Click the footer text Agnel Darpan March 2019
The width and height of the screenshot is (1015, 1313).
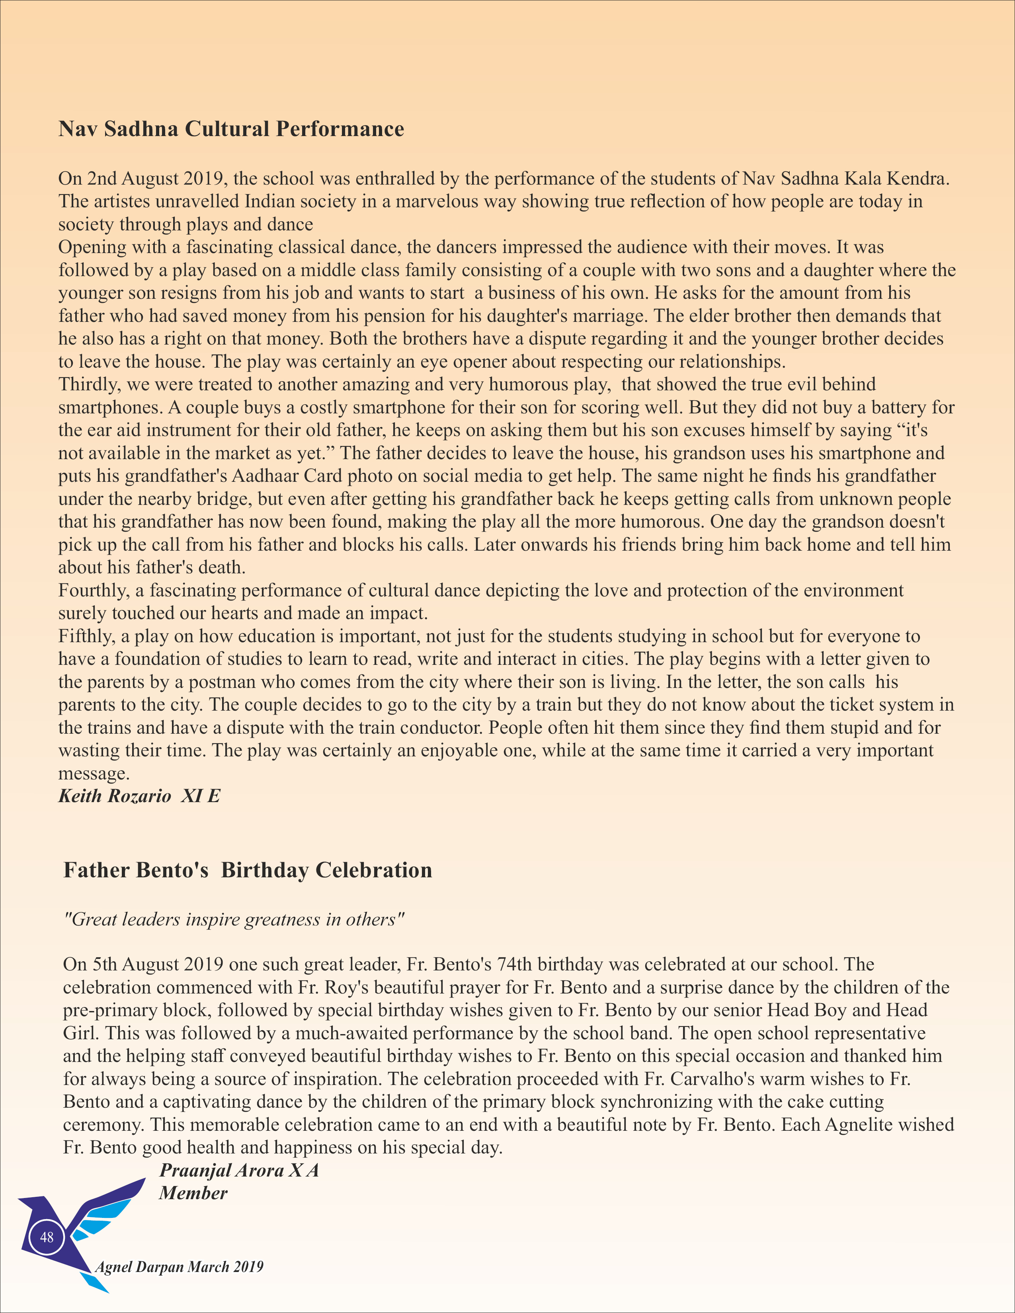coord(179,1267)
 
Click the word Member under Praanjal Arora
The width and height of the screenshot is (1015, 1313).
coord(193,1193)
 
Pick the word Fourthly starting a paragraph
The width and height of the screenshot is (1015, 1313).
coord(93,590)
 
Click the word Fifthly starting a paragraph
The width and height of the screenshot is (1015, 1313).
coord(87,636)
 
